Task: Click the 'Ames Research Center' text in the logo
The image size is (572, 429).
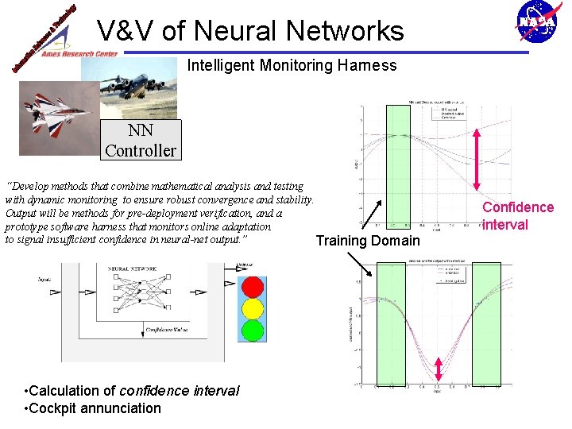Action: (79, 54)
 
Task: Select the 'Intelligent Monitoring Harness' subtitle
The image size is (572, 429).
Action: (292, 66)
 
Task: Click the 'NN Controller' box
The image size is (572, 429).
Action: (141, 140)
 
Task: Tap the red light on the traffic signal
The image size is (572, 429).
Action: (252, 286)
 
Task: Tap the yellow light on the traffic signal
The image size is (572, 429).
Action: (252, 307)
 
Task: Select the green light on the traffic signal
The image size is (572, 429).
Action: (252, 329)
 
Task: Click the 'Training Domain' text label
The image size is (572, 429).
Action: (367, 241)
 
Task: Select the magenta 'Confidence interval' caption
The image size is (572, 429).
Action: (518, 216)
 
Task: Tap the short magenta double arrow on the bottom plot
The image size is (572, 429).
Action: (439, 368)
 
